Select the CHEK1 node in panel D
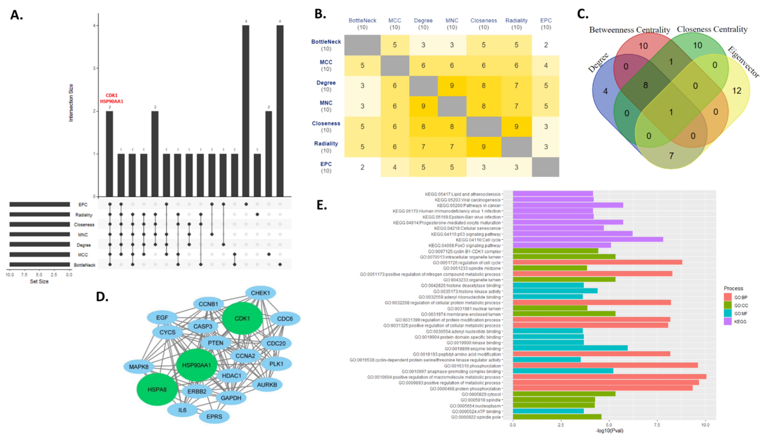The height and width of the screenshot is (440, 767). pos(260,293)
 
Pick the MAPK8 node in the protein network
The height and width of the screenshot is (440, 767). pos(139,366)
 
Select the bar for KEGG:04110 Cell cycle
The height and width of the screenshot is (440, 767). pos(588,239)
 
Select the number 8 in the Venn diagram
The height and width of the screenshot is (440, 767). pos(645,85)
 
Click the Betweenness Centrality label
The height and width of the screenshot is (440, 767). pos(630,30)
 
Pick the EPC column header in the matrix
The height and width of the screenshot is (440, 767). pos(546,21)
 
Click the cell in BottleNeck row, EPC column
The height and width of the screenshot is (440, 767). pos(546,45)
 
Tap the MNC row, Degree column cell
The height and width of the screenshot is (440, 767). pos(423,106)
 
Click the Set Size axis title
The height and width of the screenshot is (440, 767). pos(39,281)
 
